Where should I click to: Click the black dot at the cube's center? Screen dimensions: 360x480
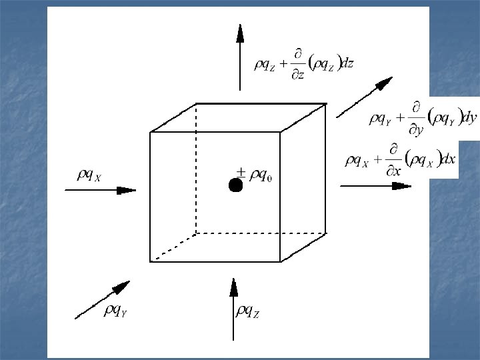(235, 185)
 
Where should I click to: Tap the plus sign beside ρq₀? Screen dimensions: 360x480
(241, 170)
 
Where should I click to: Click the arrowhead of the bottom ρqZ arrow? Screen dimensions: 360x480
(233, 287)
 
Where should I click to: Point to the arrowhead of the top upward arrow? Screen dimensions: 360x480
(240, 33)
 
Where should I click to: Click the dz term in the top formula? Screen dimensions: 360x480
(347, 63)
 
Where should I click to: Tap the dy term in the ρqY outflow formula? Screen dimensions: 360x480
(469, 119)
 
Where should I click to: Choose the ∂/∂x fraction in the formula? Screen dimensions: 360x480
(395, 161)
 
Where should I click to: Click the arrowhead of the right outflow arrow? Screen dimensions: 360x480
(401, 185)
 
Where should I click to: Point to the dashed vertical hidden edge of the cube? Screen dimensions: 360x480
(196, 167)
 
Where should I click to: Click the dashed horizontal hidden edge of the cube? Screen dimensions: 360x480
(260, 233)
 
